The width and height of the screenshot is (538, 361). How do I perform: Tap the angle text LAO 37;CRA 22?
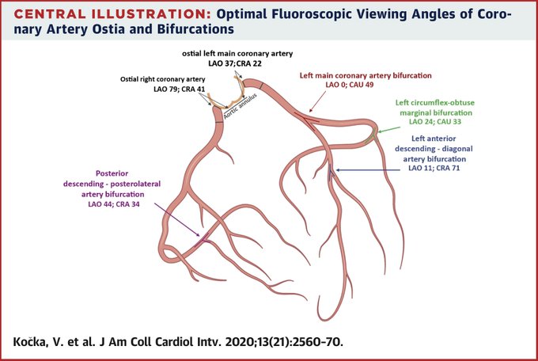(235, 63)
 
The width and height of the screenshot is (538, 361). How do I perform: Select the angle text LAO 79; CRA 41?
(179, 89)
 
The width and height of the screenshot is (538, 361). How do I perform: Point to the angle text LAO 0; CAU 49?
(349, 85)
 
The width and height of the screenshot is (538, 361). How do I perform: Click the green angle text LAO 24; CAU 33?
(434, 122)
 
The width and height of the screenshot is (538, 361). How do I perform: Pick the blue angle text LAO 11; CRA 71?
(434, 168)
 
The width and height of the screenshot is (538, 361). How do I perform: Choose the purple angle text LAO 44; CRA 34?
(114, 204)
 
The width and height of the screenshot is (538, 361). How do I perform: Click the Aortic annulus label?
(241, 106)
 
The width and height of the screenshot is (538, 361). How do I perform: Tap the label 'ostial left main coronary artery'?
(237, 54)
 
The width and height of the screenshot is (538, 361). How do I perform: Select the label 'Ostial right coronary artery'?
(163, 79)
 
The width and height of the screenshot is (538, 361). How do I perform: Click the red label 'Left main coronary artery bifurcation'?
(366, 75)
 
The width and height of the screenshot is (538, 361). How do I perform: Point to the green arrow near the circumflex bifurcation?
(388, 130)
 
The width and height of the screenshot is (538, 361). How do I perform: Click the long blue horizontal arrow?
(368, 169)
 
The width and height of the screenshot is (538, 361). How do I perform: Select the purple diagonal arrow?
(176, 219)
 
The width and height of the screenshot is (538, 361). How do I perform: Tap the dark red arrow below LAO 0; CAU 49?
(317, 101)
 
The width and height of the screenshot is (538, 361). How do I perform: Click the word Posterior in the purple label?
(112, 173)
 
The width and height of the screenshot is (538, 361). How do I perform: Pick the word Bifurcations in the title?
(195, 28)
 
